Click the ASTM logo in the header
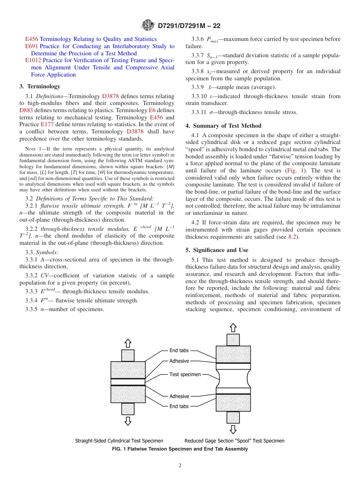pyautogui.click(x=148, y=25)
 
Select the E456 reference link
pyautogui.click(x=31, y=39)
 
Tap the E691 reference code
pyautogui.click(x=31, y=46)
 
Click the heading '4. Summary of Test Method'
pyautogui.click(x=224, y=126)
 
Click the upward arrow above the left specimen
pyautogui.click(x=128, y=343)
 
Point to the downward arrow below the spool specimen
pyautogui.click(x=233, y=429)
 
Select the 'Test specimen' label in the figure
pyautogui.click(x=185, y=374)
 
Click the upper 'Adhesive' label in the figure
pyautogui.click(x=179, y=361)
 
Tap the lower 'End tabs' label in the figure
pyautogui.click(x=179, y=406)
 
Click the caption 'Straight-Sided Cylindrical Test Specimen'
pyautogui.click(x=119, y=441)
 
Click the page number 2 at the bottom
pyautogui.click(x=180, y=466)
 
